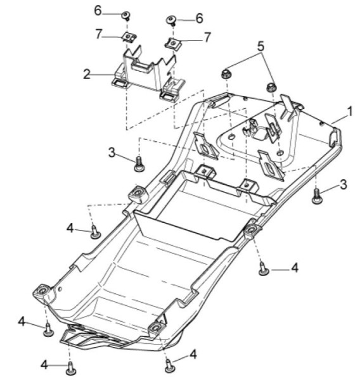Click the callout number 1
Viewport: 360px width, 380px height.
point(350,111)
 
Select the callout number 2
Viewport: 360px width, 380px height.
point(87,74)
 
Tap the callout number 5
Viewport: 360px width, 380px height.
point(260,46)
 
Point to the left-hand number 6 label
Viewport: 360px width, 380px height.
point(98,11)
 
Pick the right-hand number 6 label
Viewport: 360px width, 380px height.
point(200,18)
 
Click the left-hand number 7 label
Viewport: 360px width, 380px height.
point(98,34)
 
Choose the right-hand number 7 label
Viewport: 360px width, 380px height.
point(207,37)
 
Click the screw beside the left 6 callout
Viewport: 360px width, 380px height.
point(126,16)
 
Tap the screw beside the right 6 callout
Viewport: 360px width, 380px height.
point(172,21)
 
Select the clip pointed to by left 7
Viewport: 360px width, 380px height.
point(129,37)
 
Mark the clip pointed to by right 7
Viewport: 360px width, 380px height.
point(173,44)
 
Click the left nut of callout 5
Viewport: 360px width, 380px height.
point(226,73)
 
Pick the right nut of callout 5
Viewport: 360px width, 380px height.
point(272,87)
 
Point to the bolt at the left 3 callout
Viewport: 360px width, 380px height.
point(139,164)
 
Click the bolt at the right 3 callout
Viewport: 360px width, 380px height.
point(316,196)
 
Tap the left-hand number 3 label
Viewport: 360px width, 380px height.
point(112,153)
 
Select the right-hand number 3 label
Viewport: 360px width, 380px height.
point(344,185)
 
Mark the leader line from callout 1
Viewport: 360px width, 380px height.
point(339,119)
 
